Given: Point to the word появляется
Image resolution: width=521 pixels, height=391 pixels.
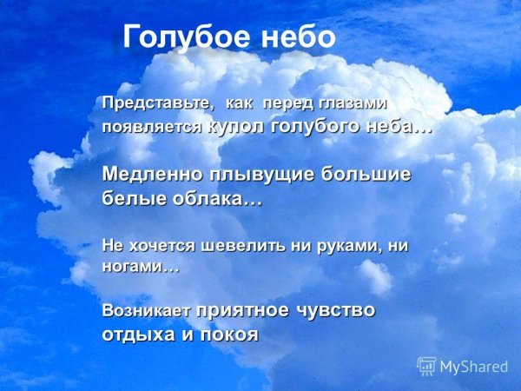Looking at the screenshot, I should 153,127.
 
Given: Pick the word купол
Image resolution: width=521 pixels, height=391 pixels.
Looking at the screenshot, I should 236,126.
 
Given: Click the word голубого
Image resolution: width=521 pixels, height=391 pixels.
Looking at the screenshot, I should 313,126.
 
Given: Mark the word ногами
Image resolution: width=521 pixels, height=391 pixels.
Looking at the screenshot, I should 135,268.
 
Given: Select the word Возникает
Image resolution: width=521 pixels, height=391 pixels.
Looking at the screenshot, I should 147,310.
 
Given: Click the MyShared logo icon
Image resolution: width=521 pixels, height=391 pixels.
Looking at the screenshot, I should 426,366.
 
